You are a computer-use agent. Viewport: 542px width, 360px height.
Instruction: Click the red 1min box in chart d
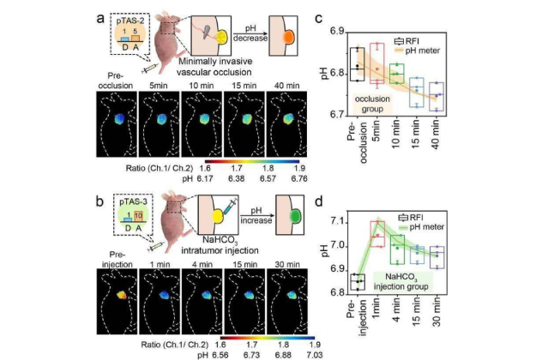[376, 232]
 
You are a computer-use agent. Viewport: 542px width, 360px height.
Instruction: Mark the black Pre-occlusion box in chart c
[357, 64]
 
